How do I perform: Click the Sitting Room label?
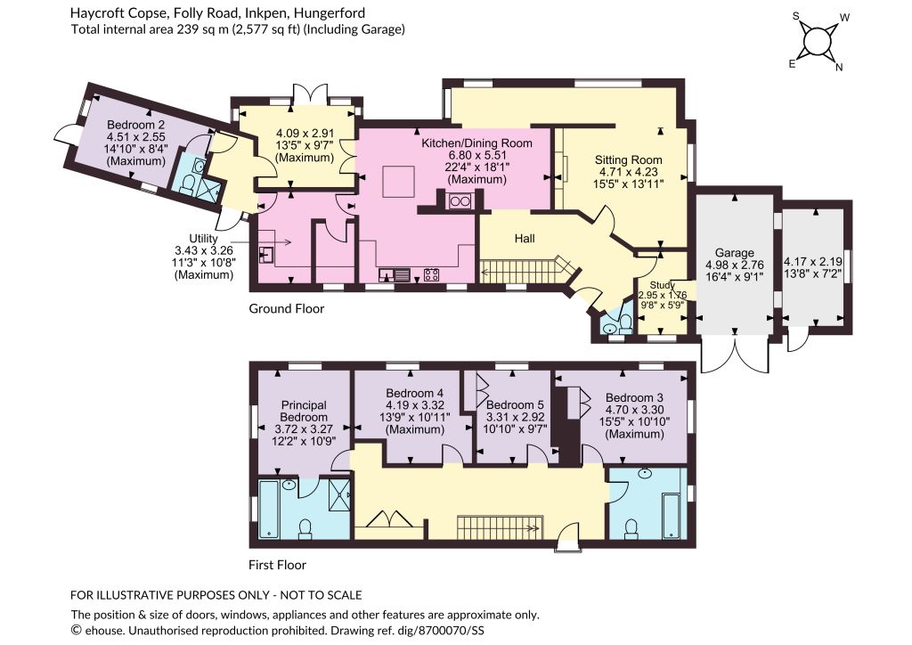point(628,160)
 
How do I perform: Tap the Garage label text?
point(735,253)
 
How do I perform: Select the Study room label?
point(663,285)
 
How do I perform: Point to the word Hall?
point(525,239)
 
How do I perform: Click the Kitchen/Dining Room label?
point(477,143)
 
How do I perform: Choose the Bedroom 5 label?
point(515,404)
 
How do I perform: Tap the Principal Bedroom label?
point(304,412)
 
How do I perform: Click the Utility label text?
point(204,239)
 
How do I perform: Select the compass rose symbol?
point(817,41)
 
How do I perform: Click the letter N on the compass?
point(839,68)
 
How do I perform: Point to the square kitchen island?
point(398,183)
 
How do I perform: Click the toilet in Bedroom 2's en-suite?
point(188,185)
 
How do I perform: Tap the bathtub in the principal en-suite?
point(269,509)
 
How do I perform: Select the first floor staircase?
point(500,527)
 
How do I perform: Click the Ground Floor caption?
point(286,309)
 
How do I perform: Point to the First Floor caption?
point(277,565)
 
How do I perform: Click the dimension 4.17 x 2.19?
point(813,262)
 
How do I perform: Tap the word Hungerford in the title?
point(333,12)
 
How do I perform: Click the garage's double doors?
point(736,353)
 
